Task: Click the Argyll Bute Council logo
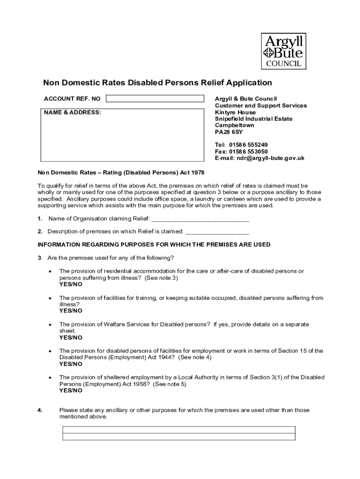pos(284,51)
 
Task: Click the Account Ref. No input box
pos(155,99)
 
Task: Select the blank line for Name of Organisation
pos(200,219)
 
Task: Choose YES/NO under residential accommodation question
pos(71,284)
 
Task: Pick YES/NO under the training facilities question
pos(71,311)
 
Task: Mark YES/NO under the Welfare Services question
pos(71,337)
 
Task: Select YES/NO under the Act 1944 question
pos(71,364)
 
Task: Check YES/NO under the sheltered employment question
pos(71,391)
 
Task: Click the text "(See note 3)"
pos(161,278)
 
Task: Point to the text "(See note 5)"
pos(170,384)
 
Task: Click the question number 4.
pos(40,410)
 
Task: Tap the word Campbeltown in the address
pos(235,125)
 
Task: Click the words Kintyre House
pos(235,112)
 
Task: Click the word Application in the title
pos(249,83)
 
